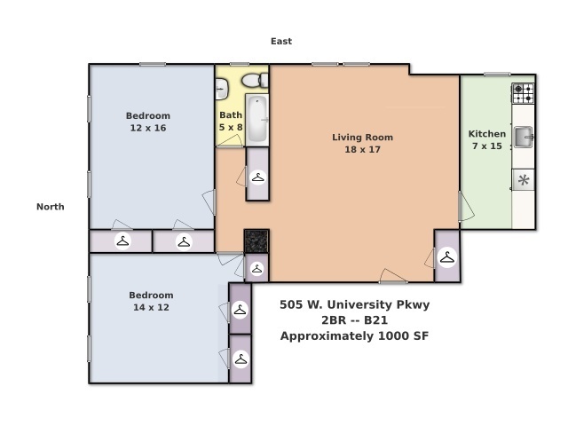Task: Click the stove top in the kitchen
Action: pyautogui.click(x=523, y=93)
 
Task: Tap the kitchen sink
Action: pyautogui.click(x=523, y=137)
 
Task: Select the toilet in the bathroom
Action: pyautogui.click(x=255, y=81)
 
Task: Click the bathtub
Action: pyautogui.click(x=257, y=120)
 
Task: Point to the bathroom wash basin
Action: pyautogui.click(x=221, y=89)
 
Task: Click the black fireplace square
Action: pyautogui.click(x=256, y=241)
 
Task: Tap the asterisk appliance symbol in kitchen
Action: pyautogui.click(x=524, y=179)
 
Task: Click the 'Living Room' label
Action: pyautogui.click(x=363, y=138)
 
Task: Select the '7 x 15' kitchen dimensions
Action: pyautogui.click(x=487, y=146)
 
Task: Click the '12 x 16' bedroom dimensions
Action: pyautogui.click(x=148, y=128)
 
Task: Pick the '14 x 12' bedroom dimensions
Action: pyautogui.click(x=151, y=307)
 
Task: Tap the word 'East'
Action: pyautogui.click(x=281, y=42)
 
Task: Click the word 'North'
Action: pyautogui.click(x=51, y=207)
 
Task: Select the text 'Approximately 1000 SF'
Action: pyautogui.click(x=355, y=336)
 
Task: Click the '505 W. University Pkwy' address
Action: pyautogui.click(x=355, y=304)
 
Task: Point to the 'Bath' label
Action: pyautogui.click(x=231, y=115)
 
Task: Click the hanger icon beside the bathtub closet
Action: pyautogui.click(x=258, y=177)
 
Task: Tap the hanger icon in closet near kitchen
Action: pyautogui.click(x=447, y=258)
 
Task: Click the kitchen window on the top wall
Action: pyautogui.click(x=497, y=75)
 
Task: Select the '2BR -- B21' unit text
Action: pyautogui.click(x=355, y=320)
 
